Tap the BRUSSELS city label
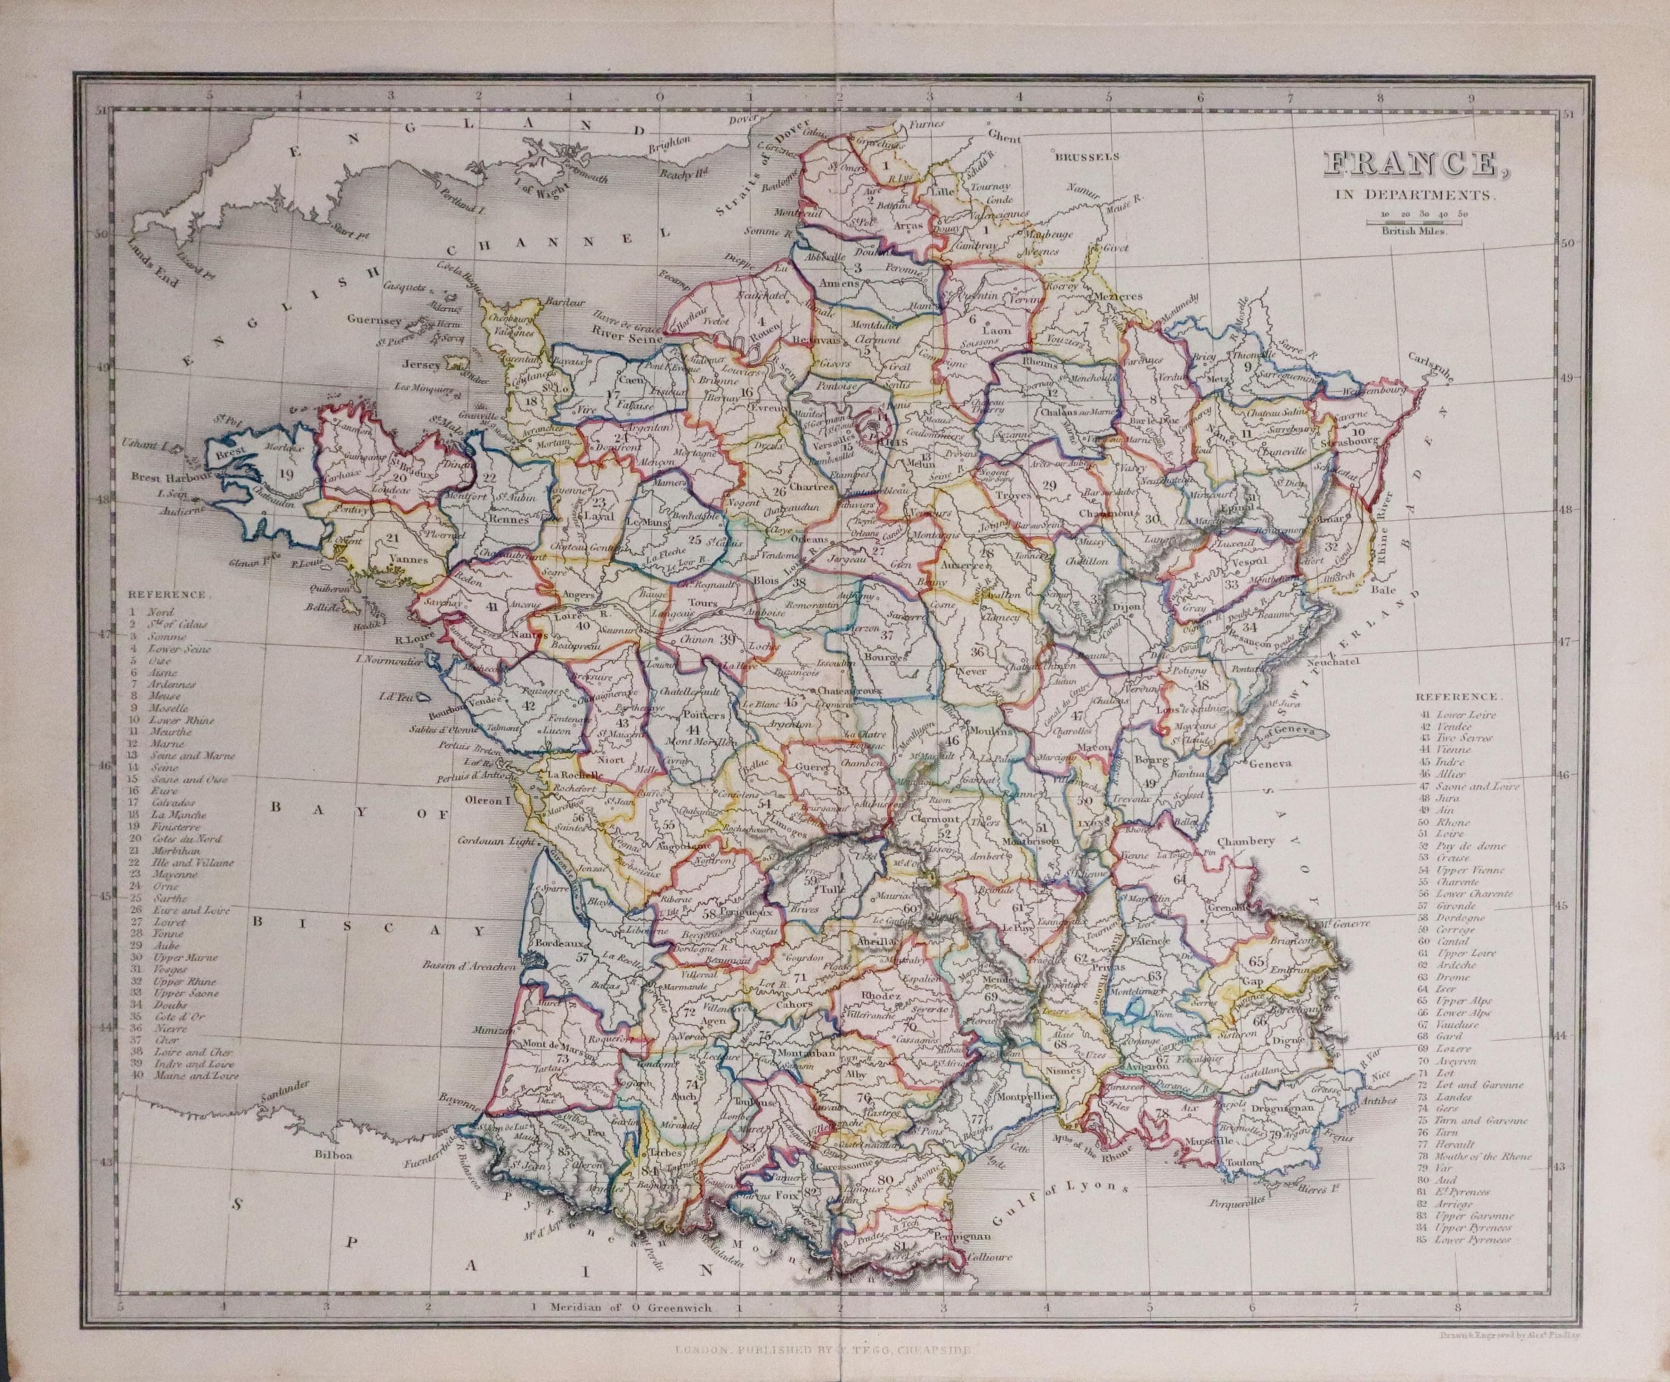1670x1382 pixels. coord(1087,157)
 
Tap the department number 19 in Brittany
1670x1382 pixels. coord(287,474)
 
